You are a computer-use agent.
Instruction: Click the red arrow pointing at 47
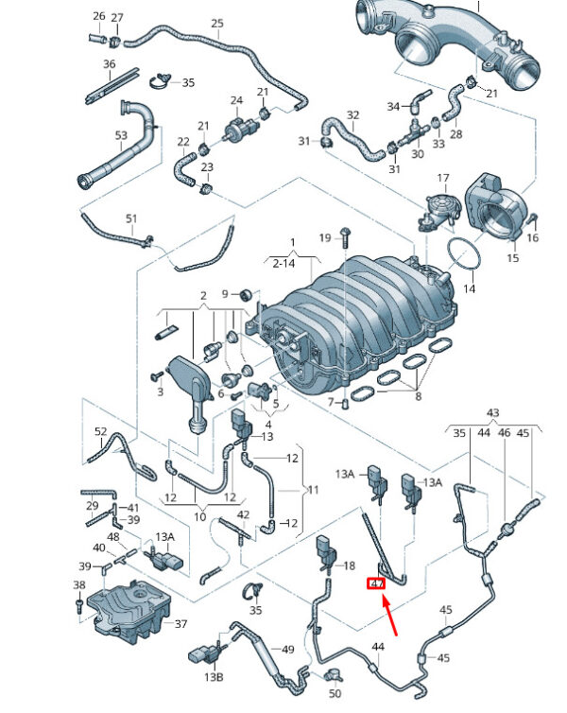[x=389, y=617]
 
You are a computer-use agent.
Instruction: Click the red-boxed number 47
[x=376, y=583]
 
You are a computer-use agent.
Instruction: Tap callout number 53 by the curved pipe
[x=121, y=135]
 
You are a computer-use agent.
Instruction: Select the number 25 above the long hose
[x=217, y=24]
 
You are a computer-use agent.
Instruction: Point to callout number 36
[x=110, y=64]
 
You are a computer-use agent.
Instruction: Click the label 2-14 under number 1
[x=283, y=263]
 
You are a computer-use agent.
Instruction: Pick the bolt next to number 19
[x=344, y=236]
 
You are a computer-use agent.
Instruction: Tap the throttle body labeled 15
[x=498, y=206]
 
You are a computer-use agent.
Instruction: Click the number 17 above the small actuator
[x=443, y=178]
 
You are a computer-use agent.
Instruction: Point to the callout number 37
[x=180, y=623]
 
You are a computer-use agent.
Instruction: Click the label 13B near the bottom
[x=214, y=677]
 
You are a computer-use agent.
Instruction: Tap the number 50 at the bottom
[x=335, y=693]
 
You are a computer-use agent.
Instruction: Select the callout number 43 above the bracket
[x=493, y=412]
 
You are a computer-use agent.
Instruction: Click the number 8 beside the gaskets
[x=418, y=396]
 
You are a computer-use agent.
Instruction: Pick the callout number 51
[x=131, y=218]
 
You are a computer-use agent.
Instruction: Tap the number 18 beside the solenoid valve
[x=349, y=565]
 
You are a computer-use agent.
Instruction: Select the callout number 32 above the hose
[x=353, y=115]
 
